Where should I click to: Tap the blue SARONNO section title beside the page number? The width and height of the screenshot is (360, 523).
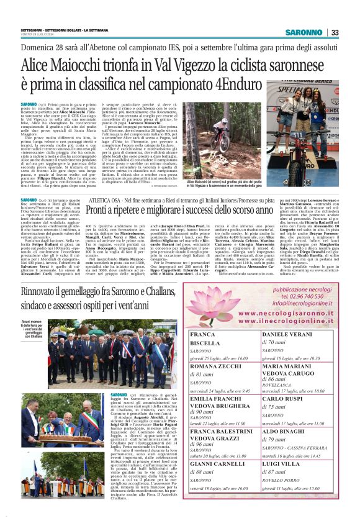(x=304, y=32)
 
